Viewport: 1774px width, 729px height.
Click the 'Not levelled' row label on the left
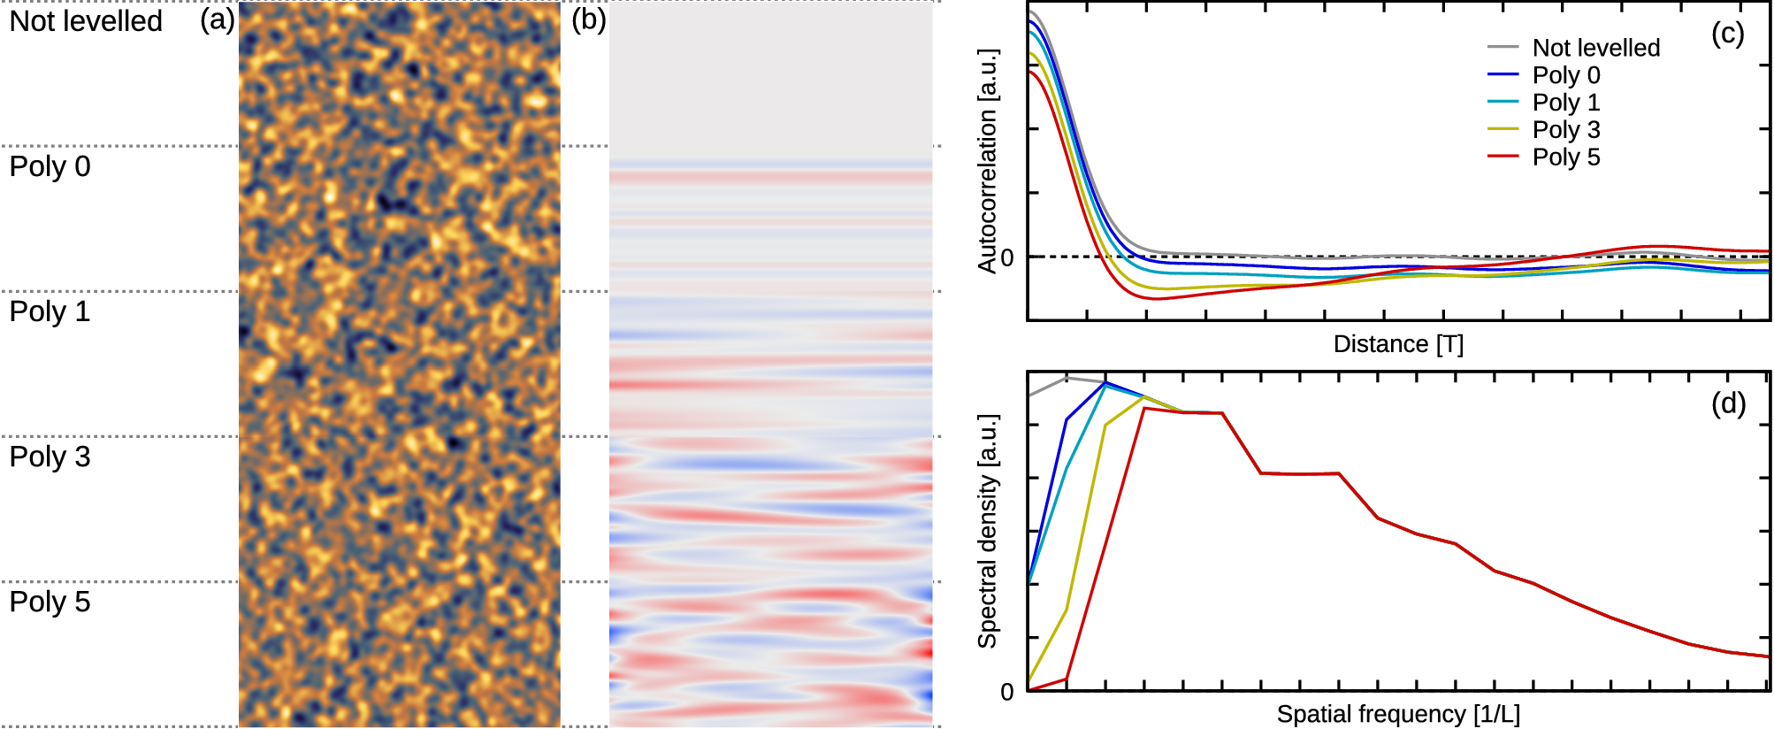click(x=86, y=21)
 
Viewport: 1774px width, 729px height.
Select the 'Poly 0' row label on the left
click(x=50, y=166)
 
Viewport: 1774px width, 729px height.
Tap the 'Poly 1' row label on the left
click(x=50, y=311)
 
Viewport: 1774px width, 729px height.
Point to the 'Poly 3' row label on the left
click(x=50, y=457)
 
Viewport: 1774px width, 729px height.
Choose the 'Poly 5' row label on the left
click(x=50, y=602)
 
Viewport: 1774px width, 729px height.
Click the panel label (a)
click(x=218, y=19)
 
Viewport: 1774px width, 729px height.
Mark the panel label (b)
click(x=589, y=19)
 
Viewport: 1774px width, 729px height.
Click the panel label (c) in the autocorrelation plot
click(x=1727, y=34)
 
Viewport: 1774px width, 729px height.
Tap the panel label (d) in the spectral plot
click(x=1727, y=403)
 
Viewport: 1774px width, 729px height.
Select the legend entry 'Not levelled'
click(x=1595, y=48)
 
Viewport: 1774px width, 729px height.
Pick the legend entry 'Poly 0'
click(x=1565, y=75)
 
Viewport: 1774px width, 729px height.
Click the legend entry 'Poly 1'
click(x=1565, y=103)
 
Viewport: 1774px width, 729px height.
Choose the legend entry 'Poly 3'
click(x=1565, y=130)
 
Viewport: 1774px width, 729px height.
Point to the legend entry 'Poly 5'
click(x=1565, y=157)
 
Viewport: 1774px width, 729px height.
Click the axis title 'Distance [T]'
click(x=1398, y=344)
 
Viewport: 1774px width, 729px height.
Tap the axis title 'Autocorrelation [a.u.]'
click(x=987, y=161)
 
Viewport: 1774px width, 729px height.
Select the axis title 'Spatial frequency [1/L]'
click(x=1398, y=714)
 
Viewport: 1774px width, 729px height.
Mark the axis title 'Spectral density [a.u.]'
click(x=987, y=531)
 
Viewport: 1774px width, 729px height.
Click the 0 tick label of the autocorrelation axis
click(x=1007, y=258)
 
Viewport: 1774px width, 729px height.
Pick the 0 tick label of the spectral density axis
click(x=1007, y=692)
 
